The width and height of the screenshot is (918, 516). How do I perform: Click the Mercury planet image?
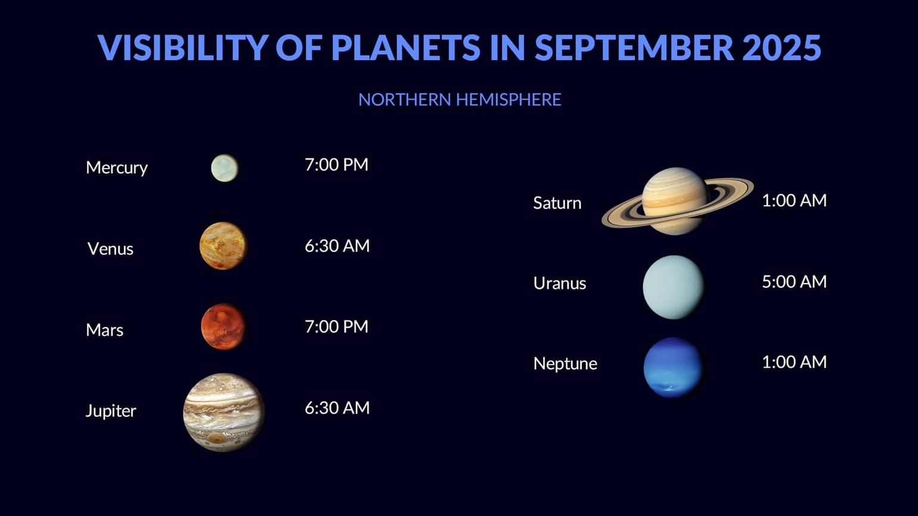pyautogui.click(x=224, y=168)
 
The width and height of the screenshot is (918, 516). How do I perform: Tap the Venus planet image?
pyautogui.click(x=223, y=245)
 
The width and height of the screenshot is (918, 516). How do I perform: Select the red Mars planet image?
pyautogui.click(x=223, y=327)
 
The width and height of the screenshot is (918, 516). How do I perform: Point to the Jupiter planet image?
pyautogui.click(x=224, y=412)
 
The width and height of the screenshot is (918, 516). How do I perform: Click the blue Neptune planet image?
pyautogui.click(x=673, y=368)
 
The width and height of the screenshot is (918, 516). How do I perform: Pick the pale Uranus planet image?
pyautogui.click(x=673, y=287)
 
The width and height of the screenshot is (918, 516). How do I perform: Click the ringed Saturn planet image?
pyautogui.click(x=676, y=201)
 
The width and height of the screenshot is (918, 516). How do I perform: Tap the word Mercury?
pyautogui.click(x=116, y=167)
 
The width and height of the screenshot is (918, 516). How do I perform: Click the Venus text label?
pyautogui.click(x=110, y=248)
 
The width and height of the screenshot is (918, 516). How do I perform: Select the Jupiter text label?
pyautogui.click(x=110, y=411)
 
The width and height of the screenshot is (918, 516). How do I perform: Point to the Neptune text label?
pyautogui.click(x=565, y=363)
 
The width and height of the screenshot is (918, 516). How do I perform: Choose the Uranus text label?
pyautogui.click(x=559, y=283)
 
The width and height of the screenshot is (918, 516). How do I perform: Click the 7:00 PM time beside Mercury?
pyautogui.click(x=336, y=164)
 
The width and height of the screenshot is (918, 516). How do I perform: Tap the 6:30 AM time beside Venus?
pyautogui.click(x=337, y=245)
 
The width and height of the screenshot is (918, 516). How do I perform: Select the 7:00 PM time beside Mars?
pyautogui.click(x=336, y=327)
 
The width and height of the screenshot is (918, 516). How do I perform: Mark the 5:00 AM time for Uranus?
pyautogui.click(x=794, y=281)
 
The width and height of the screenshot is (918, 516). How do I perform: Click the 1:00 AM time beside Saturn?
pyautogui.click(x=794, y=200)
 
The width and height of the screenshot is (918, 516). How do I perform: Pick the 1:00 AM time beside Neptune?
pyautogui.click(x=794, y=362)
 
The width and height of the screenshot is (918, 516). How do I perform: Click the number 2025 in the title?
pyautogui.click(x=781, y=48)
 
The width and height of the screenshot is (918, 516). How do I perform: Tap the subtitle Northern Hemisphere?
pyautogui.click(x=460, y=100)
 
